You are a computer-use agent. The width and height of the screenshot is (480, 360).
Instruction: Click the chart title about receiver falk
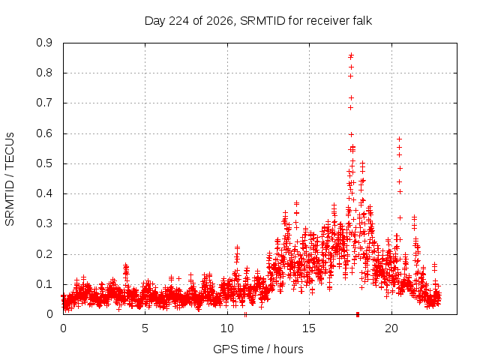tap(258, 21)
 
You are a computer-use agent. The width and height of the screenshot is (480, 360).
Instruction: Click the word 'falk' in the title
tap(361, 20)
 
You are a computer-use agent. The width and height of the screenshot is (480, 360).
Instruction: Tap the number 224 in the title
tap(179, 21)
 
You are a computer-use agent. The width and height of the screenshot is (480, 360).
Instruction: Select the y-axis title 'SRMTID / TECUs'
tap(10, 179)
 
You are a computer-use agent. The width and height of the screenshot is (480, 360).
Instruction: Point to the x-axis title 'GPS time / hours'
tap(258, 349)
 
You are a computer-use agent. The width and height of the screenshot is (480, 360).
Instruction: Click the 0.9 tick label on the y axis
tap(44, 43)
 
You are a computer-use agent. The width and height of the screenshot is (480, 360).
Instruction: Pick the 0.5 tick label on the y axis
tap(44, 163)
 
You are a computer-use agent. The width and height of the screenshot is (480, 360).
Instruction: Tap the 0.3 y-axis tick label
tap(44, 223)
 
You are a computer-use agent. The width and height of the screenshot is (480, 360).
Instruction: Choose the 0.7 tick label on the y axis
tap(44, 103)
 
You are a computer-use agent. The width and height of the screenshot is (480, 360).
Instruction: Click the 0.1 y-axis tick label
tap(44, 284)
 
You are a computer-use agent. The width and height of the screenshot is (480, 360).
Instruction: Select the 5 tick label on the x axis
tap(145, 328)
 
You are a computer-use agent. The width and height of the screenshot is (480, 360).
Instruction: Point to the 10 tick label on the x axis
tap(227, 328)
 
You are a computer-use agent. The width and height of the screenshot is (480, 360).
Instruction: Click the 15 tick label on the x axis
tap(309, 328)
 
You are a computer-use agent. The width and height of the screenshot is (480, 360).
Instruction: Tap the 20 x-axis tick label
tap(391, 328)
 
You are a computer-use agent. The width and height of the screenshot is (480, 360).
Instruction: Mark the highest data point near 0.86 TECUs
tap(351, 55)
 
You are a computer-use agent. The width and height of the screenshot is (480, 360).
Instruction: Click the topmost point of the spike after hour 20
tap(399, 139)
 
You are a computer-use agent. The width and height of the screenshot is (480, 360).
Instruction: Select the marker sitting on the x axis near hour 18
tap(358, 314)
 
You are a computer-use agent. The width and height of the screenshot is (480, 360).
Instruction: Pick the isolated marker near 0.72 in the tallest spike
tap(352, 97)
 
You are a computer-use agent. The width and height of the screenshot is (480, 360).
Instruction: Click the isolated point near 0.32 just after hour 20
tap(400, 217)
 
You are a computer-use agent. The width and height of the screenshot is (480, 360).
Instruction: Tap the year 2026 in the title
tap(220, 21)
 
